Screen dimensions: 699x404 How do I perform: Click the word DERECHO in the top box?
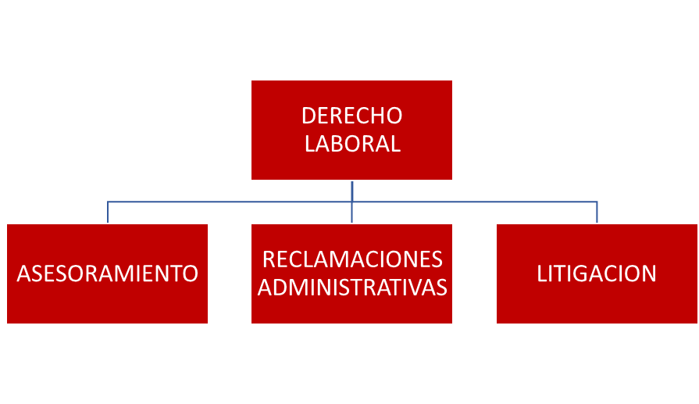(351, 116)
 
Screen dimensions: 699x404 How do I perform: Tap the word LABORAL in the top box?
(352, 144)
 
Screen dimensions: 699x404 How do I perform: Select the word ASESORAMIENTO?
(108, 274)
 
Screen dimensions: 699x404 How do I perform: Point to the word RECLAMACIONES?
(352, 259)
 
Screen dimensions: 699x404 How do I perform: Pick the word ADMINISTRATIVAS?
(352, 288)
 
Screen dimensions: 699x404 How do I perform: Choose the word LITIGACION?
(597, 274)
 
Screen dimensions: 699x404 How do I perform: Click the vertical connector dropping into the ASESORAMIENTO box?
(108, 213)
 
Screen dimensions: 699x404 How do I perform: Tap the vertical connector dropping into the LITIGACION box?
(597, 213)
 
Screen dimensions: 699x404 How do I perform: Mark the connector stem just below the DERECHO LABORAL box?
(352, 191)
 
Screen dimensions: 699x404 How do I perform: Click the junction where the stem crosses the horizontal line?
(352, 202)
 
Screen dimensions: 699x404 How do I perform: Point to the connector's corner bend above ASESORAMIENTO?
(108, 202)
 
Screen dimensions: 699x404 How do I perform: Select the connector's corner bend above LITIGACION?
(597, 202)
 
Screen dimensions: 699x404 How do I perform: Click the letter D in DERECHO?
(308, 116)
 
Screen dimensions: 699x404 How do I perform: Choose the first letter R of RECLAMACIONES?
(269, 259)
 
